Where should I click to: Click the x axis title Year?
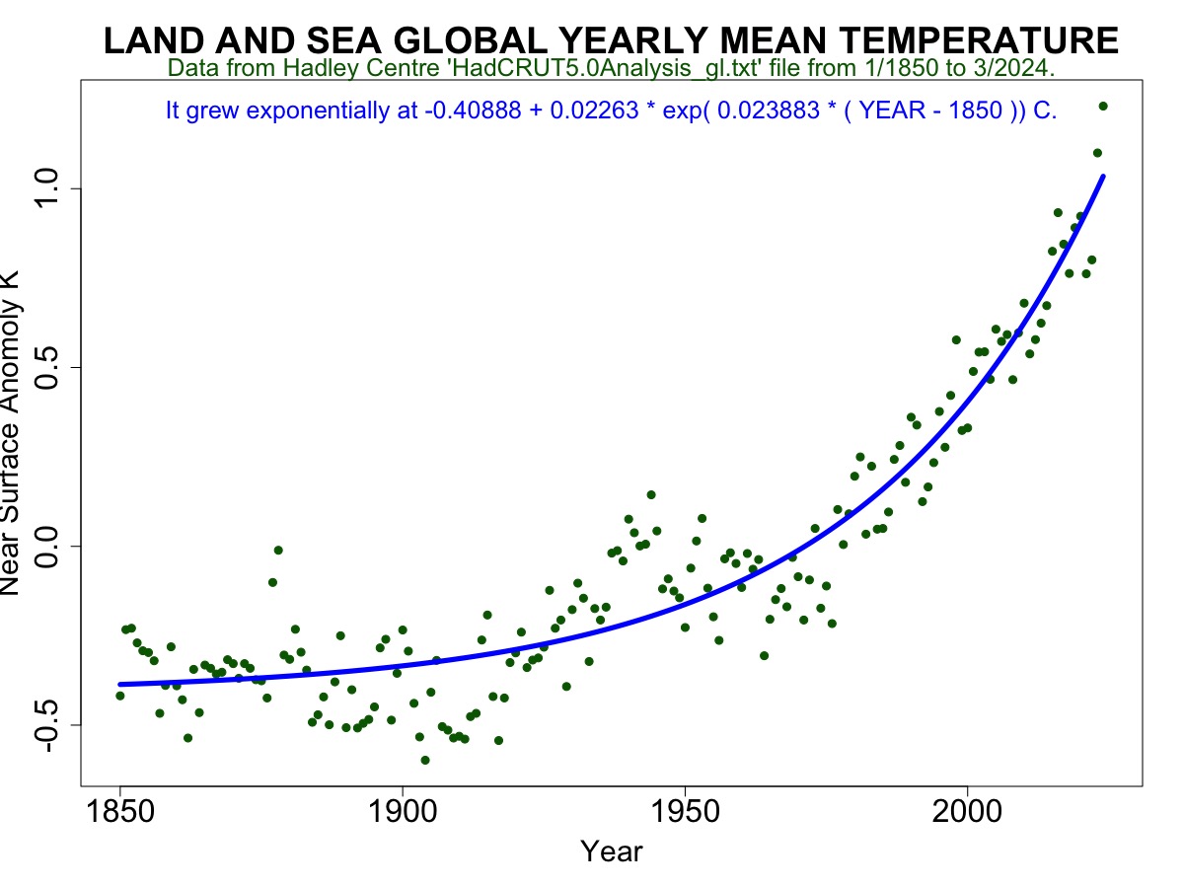[x=611, y=851]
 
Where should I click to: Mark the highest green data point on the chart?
[x=1103, y=107]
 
